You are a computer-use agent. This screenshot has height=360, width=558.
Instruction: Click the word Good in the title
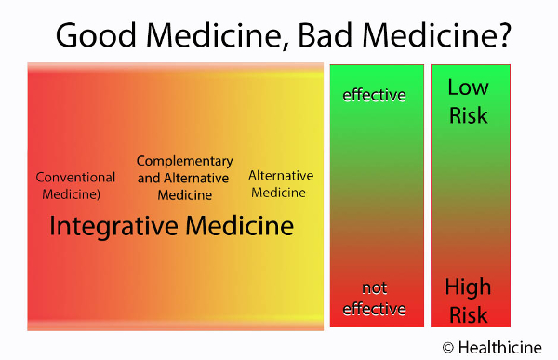(x=96, y=35)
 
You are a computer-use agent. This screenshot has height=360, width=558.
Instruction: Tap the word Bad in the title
(x=325, y=35)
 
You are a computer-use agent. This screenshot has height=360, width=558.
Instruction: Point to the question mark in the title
(x=503, y=35)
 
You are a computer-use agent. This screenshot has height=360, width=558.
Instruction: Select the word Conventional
(x=75, y=177)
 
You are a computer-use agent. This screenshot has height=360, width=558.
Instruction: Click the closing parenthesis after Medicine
(x=98, y=194)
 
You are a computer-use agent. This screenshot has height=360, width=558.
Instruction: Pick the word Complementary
(x=185, y=162)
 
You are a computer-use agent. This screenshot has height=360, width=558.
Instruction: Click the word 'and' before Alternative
(x=149, y=178)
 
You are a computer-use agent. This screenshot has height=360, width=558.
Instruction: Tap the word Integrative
(x=113, y=226)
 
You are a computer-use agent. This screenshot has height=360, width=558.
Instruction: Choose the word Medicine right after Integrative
(x=240, y=226)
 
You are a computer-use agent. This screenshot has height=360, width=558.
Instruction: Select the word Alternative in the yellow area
(x=281, y=176)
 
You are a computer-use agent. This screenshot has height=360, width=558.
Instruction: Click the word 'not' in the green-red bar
(x=375, y=288)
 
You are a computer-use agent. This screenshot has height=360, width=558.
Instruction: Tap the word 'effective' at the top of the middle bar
(x=374, y=95)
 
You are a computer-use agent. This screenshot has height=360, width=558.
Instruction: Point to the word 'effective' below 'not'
(x=374, y=309)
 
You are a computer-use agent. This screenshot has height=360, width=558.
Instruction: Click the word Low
(x=469, y=87)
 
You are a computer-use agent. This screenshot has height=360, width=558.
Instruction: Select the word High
(x=468, y=287)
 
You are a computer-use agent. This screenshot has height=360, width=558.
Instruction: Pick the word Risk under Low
(x=469, y=115)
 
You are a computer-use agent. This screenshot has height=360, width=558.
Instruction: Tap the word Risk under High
(x=469, y=314)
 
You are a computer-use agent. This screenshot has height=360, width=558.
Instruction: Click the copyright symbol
(x=448, y=348)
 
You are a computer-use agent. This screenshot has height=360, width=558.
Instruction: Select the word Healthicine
(x=500, y=348)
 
